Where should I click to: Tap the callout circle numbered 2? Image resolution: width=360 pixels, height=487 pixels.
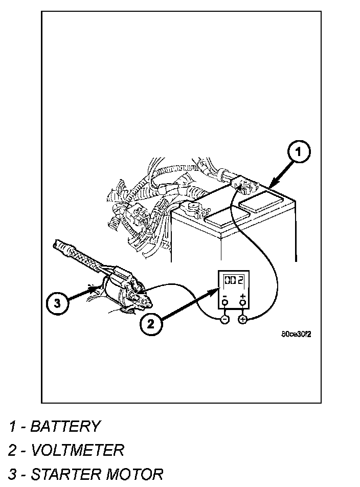(x=150, y=323)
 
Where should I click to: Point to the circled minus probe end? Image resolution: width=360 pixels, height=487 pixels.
(x=224, y=319)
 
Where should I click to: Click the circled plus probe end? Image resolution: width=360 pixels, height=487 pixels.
(x=242, y=319)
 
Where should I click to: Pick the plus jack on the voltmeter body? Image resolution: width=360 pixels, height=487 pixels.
(x=242, y=303)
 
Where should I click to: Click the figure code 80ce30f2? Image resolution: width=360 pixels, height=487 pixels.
(x=296, y=335)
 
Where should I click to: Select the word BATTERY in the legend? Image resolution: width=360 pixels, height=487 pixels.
(x=65, y=426)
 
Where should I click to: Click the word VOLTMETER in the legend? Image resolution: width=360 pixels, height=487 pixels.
(x=77, y=450)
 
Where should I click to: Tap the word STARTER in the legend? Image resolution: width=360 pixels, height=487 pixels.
(x=66, y=474)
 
